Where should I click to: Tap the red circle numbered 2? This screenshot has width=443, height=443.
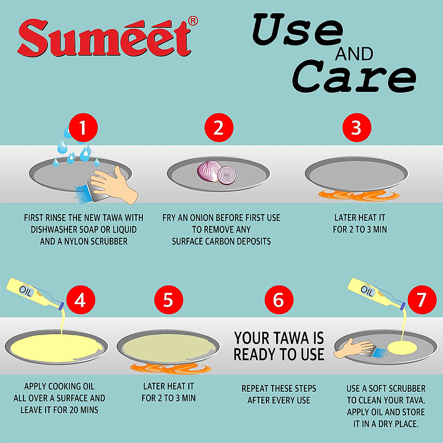point(219,128)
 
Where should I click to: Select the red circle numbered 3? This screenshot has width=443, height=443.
point(356,128)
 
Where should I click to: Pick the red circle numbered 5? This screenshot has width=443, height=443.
point(168,300)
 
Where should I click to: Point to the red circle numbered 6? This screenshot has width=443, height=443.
point(279,300)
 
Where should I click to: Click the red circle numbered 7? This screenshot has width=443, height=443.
point(422,300)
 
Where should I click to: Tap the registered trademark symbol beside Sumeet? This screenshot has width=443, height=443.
point(193,21)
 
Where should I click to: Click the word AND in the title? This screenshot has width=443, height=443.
point(354,54)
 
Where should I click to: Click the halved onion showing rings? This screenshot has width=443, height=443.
point(226,175)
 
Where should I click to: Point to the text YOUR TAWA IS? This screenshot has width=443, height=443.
point(279,338)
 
